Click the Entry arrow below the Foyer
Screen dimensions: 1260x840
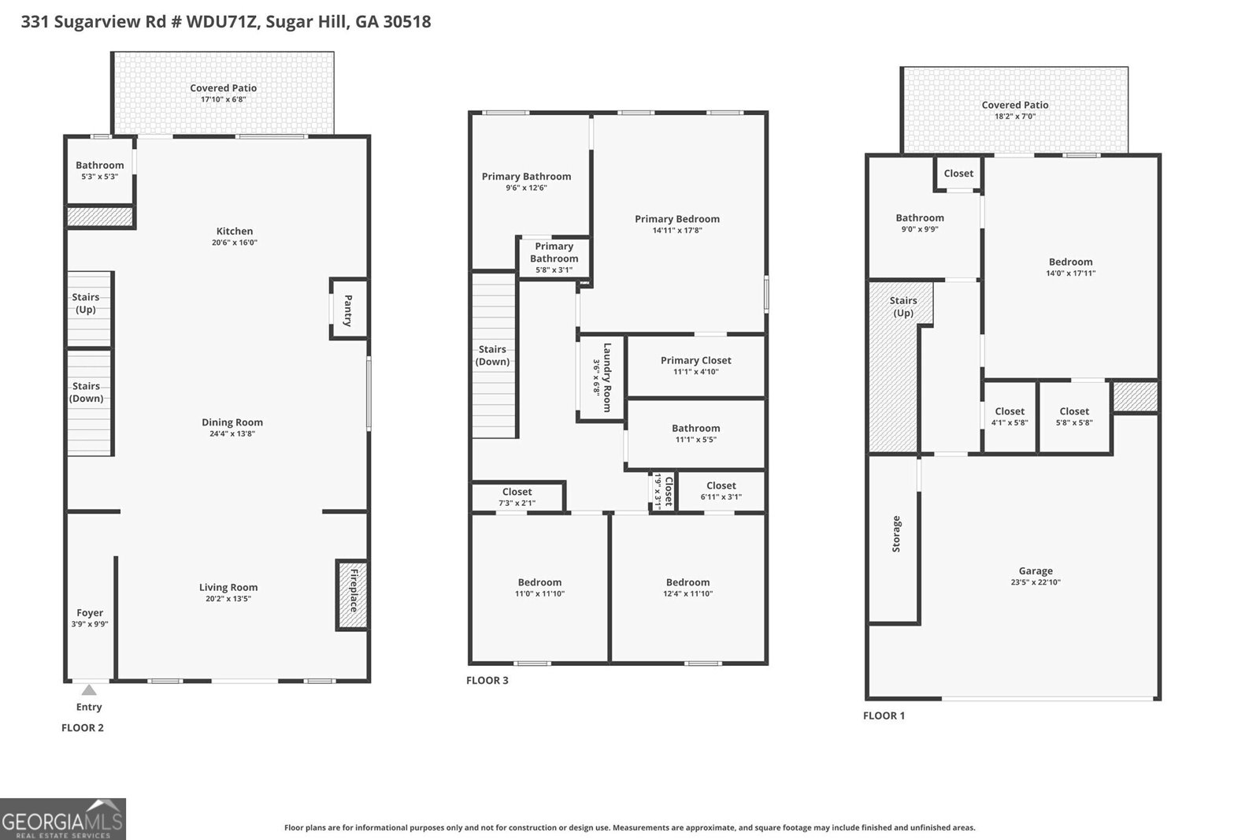click(x=89, y=689)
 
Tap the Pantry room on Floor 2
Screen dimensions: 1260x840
click(x=349, y=310)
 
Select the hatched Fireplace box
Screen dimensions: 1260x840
click(x=352, y=594)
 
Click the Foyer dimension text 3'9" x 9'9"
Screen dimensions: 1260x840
click(x=90, y=624)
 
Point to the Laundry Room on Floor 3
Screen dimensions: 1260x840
click(x=602, y=377)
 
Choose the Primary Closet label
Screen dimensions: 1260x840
click(x=696, y=360)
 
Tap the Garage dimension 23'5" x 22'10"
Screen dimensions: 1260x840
click(x=1036, y=582)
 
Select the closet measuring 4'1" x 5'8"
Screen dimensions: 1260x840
click(x=1010, y=417)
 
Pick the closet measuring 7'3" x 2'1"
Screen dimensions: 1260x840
click(x=517, y=497)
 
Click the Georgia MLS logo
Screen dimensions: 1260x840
click(x=63, y=819)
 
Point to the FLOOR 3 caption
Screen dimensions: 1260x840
click(x=487, y=680)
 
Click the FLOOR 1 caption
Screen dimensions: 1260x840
click(x=884, y=715)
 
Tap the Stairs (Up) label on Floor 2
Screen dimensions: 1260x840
click(x=86, y=303)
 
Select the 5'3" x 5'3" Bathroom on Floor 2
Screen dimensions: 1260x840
click(x=100, y=170)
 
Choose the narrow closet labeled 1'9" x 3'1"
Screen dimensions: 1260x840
click(x=663, y=491)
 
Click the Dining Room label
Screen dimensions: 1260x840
click(x=232, y=422)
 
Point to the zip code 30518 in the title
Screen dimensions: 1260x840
click(x=407, y=21)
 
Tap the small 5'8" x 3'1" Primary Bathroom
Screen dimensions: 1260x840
click(x=554, y=258)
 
